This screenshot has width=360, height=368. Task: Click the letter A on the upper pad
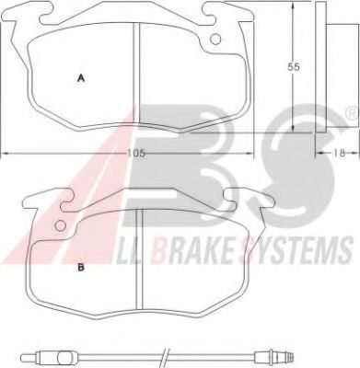[x=81, y=78]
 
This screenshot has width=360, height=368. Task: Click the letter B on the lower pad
[x=81, y=268]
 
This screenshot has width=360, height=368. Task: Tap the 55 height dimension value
[x=293, y=67]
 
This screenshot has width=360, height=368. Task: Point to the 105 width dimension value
[x=136, y=153]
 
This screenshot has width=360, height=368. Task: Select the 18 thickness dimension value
[x=340, y=153]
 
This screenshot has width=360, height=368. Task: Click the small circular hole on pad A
[x=215, y=39]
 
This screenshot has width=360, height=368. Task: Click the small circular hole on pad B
[x=60, y=226]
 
